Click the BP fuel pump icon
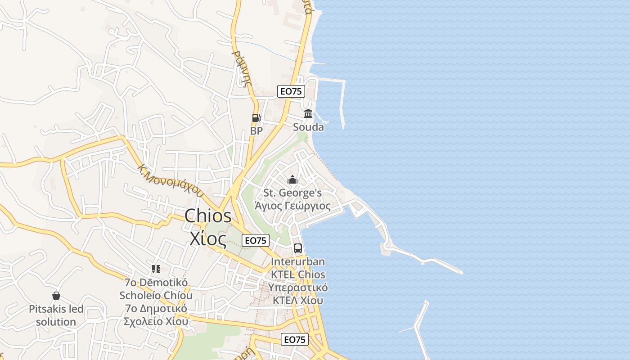256,118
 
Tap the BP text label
256,131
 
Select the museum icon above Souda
308,114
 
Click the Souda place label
308,127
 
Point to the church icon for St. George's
292,180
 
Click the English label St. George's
292,193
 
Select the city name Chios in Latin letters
208,216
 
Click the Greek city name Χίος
207,238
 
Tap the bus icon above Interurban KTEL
298,248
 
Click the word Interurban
298,261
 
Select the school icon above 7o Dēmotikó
156,269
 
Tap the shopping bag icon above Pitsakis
56,296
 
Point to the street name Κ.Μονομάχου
171,181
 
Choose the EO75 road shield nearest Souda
291,91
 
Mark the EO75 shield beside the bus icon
256,241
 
